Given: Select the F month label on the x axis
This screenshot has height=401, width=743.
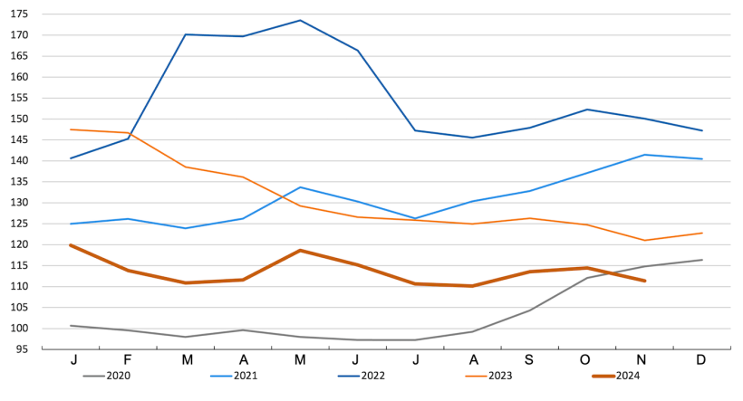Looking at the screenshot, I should [x=129, y=359].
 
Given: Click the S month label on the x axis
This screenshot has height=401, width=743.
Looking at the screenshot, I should [x=530, y=359].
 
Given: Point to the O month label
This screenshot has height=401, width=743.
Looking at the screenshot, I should [x=587, y=359].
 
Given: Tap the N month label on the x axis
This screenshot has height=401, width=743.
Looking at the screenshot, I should [x=644, y=359].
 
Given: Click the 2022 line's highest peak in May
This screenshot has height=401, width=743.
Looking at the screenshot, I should [x=301, y=20].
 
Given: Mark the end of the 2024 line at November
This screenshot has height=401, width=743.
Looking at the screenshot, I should [x=644, y=281].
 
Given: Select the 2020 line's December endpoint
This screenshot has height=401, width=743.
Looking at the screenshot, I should [x=702, y=260].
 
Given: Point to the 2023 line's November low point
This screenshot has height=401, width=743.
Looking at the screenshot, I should [x=644, y=240].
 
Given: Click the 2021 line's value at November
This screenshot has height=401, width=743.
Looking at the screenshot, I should [x=644, y=155].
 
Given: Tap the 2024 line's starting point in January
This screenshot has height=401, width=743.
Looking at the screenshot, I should [x=71, y=245].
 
